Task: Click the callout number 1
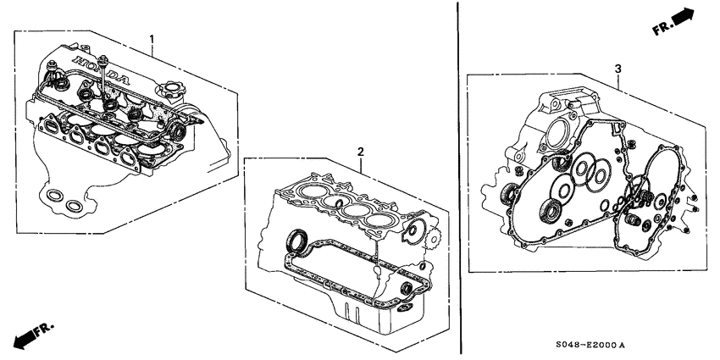click(152, 39)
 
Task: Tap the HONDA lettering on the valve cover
click(102, 70)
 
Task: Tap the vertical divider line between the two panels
click(459, 169)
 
